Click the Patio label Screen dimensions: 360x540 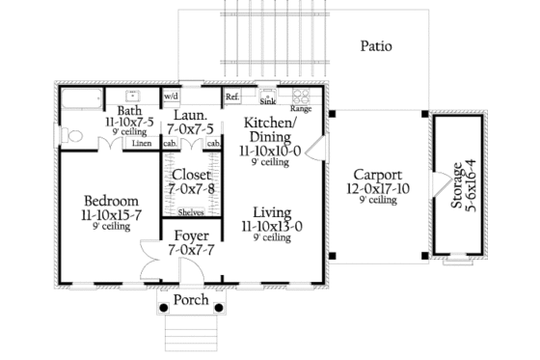coord(375,45)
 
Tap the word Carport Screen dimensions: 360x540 coord(376,173)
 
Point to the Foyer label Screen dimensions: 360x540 coord(190,235)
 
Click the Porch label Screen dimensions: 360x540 coord(190,300)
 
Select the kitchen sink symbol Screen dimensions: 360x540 coord(267,97)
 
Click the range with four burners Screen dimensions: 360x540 coord(300,97)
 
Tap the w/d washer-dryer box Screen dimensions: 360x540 coord(171,97)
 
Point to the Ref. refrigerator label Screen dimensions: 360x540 coord(232,97)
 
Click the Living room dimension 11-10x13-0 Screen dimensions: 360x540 coord(271,226)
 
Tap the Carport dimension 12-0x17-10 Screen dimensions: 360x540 coord(376,188)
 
